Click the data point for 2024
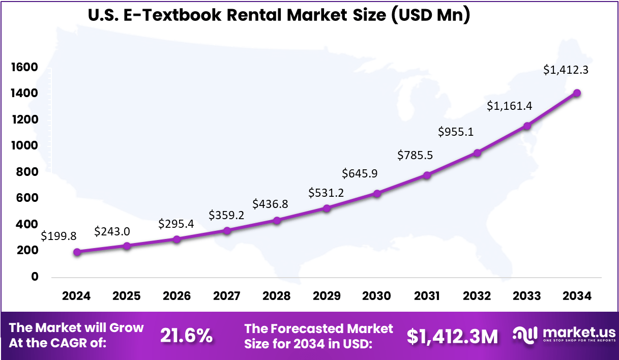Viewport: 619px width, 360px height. (77, 252)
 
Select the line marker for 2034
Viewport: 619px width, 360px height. (577, 93)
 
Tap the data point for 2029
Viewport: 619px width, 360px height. (327, 208)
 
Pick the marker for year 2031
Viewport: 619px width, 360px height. (427, 175)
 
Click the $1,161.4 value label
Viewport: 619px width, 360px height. (509, 106)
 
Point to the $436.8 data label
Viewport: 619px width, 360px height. (270, 204)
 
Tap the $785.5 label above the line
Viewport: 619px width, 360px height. (416, 155)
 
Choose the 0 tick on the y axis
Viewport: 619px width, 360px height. (35, 277)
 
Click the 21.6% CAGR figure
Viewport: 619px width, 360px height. (187, 336)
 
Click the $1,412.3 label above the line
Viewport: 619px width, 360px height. (566, 70)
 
